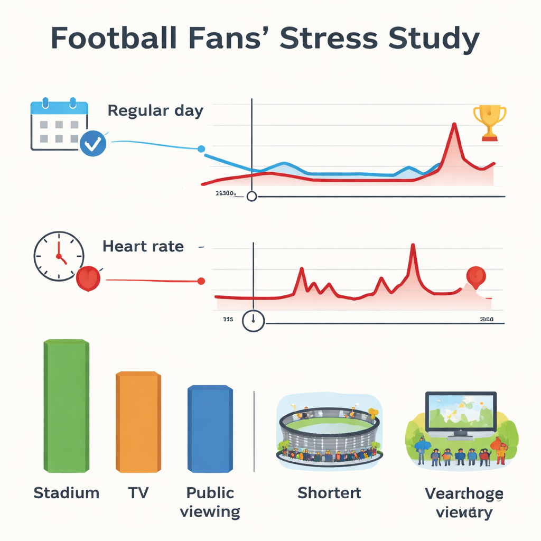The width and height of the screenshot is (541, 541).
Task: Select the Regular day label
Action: coord(155,111)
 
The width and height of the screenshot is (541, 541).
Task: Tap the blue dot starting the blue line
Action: coord(201,149)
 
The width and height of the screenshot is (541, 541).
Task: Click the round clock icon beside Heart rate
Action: coord(59,256)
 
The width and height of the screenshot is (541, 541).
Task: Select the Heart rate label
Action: coord(143,246)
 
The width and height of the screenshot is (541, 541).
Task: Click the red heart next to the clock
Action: coord(89,278)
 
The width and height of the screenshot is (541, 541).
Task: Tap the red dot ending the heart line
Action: coord(201,282)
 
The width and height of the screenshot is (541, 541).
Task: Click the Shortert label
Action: coord(329,493)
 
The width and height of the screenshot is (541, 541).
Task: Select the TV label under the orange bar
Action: coord(138,493)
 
